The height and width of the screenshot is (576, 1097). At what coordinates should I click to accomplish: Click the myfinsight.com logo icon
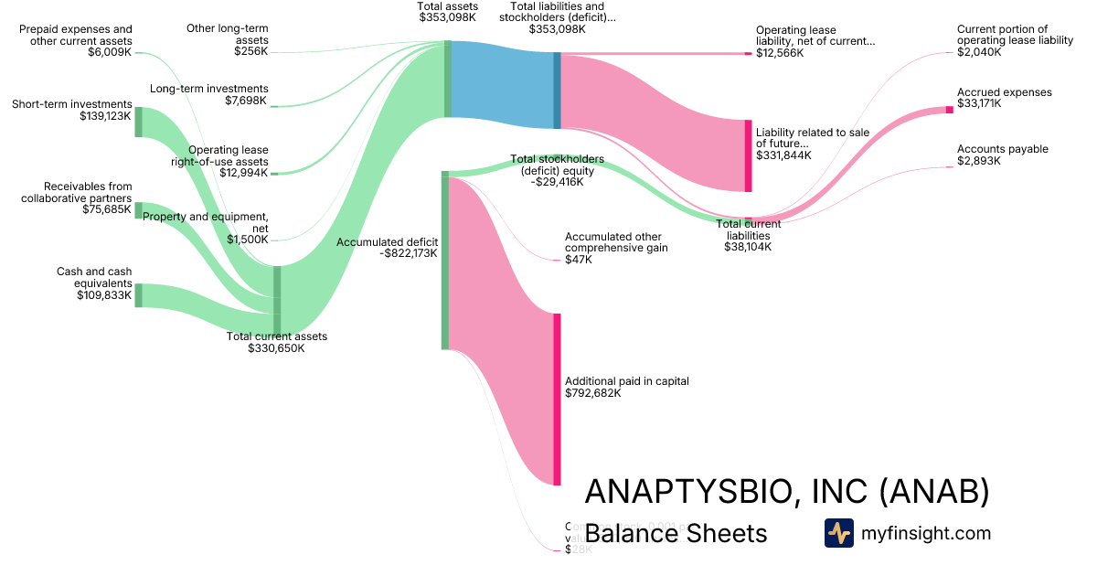(838, 533)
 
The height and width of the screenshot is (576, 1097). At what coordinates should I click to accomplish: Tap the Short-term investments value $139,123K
(105, 117)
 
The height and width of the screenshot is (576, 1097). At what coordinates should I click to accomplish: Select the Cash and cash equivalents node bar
(139, 295)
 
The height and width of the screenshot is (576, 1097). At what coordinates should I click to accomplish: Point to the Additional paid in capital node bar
(556, 399)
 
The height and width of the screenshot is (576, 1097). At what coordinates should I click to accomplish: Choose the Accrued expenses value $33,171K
(979, 104)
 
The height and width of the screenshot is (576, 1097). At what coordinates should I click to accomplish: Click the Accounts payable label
(1002, 149)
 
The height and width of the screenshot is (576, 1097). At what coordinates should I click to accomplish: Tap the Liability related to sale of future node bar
(748, 155)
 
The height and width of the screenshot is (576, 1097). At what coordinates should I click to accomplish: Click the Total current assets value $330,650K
(276, 348)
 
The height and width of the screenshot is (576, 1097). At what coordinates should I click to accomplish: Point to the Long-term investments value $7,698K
(246, 101)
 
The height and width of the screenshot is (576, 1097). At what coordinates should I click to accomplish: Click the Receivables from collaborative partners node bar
(139, 210)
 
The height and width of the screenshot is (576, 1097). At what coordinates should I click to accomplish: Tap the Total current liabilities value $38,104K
(748, 246)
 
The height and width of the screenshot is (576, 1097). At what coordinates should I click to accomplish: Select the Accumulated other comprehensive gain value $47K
(579, 260)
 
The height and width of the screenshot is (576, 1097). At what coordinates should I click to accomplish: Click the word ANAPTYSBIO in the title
(682, 492)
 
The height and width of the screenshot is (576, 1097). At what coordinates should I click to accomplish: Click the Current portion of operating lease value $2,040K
(979, 53)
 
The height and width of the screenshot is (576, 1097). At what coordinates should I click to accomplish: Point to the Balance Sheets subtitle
(676, 533)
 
